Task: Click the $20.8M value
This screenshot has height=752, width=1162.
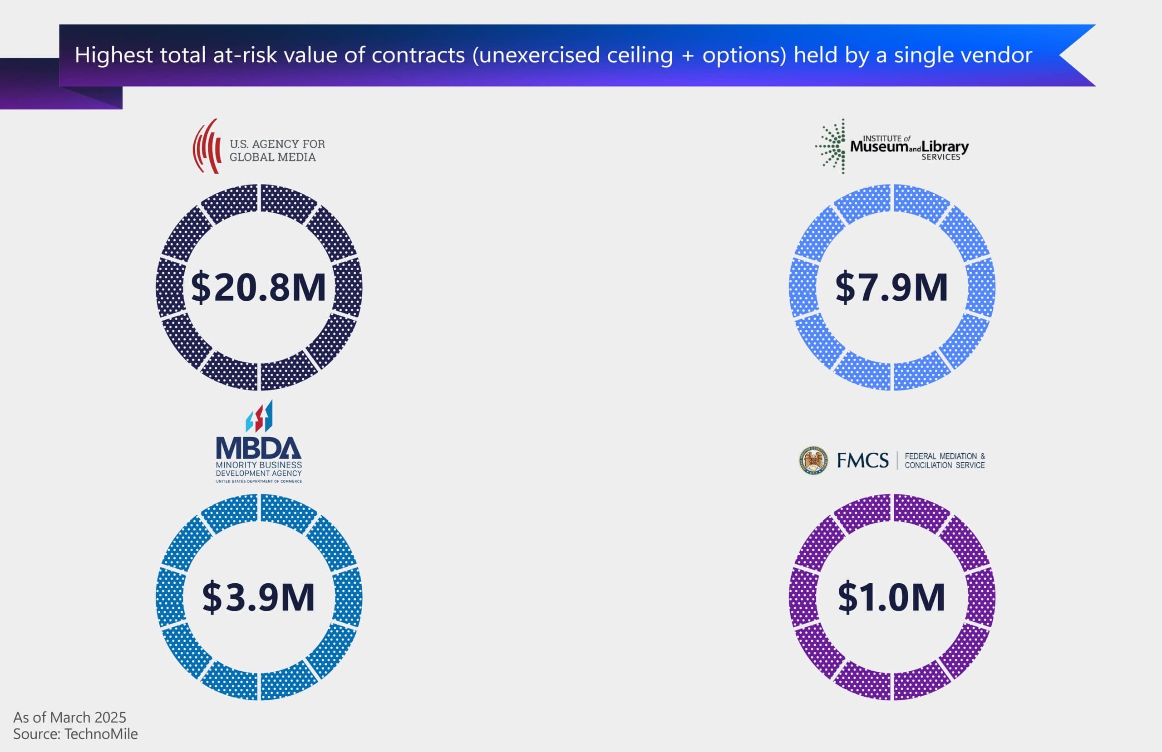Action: [x=258, y=288]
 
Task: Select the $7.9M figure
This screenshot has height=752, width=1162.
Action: [x=891, y=288]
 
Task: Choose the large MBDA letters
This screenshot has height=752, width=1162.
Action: [x=258, y=448]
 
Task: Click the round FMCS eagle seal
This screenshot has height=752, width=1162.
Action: [x=813, y=460]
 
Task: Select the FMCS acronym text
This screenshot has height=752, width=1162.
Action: [x=863, y=460]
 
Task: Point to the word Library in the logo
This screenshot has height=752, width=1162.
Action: [x=945, y=146]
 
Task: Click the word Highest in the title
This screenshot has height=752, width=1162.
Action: [x=113, y=55]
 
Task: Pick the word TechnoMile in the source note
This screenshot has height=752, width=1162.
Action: [x=101, y=734]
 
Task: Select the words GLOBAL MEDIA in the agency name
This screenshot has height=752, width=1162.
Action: [x=272, y=157]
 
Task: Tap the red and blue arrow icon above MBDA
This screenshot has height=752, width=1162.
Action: [x=259, y=416]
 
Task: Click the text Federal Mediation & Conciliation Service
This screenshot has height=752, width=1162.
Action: [x=944, y=460]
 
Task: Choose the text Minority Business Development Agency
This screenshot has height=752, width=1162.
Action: [x=259, y=469]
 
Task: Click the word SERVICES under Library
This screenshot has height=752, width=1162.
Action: [x=941, y=157]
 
